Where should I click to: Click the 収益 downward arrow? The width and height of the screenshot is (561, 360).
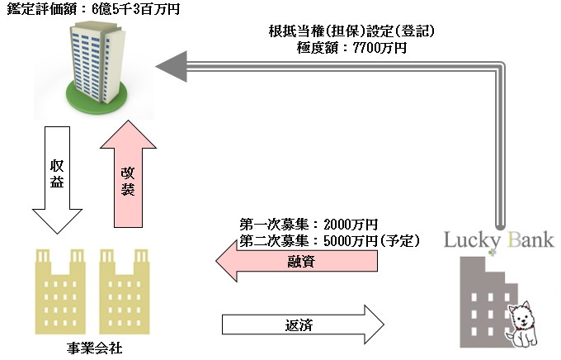[x=51, y=178]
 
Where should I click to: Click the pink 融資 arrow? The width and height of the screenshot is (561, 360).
[x=297, y=263]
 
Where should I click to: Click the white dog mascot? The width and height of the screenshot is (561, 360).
[x=524, y=325]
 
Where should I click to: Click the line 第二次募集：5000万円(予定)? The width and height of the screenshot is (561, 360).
[x=330, y=241]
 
